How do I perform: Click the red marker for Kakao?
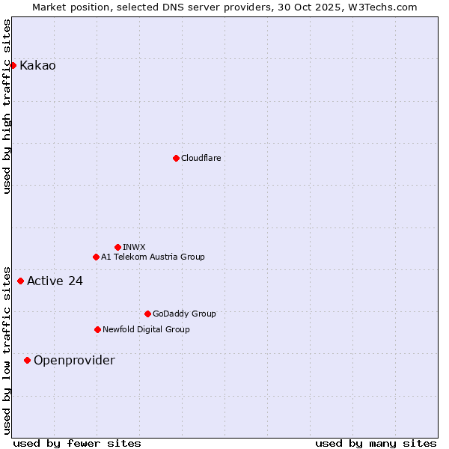pyautogui.click(x=13, y=65)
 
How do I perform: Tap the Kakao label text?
pyautogui.click(x=37, y=66)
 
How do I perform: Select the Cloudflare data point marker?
pyautogui.click(x=176, y=158)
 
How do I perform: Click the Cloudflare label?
pyautogui.click(x=201, y=159)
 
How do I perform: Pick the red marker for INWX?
pyautogui.click(x=117, y=247)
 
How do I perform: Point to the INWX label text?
pyautogui.click(x=134, y=247)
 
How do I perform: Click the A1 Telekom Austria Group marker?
pyautogui.click(x=96, y=257)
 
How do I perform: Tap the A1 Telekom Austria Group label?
pyautogui.click(x=153, y=257)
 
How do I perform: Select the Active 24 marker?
pyautogui.click(x=20, y=281)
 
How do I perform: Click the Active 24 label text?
pyautogui.click(x=55, y=281)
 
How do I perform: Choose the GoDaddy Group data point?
pyautogui.click(x=147, y=314)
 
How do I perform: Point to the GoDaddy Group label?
pyautogui.click(x=184, y=314)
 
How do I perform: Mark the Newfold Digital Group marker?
pyautogui.click(x=97, y=329)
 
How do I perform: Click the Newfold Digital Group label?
pyautogui.click(x=146, y=330)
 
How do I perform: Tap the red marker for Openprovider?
pyautogui.click(x=27, y=360)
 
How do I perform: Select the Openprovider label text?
pyautogui.click(x=74, y=361)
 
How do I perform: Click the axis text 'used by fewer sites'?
pyautogui.click(x=77, y=444)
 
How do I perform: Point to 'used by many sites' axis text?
pyautogui.click(x=376, y=444)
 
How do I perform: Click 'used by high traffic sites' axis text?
pyautogui.click(x=7, y=106)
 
